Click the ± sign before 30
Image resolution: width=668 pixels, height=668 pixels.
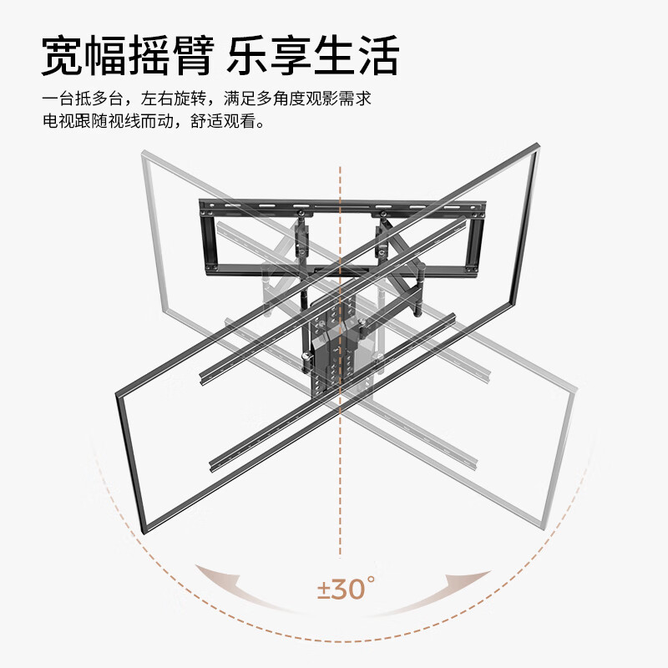324,590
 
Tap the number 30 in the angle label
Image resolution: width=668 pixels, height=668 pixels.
349,590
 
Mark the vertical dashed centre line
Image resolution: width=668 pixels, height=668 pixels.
340,417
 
